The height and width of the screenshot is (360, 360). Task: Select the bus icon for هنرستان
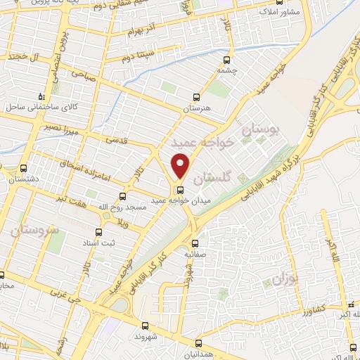click(196, 98)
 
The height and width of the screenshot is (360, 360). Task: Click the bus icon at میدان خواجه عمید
click(180, 189)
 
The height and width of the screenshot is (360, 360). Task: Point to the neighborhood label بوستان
click(260, 129)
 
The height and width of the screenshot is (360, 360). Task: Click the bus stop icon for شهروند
click(145, 326)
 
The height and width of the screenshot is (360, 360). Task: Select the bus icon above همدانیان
click(198, 342)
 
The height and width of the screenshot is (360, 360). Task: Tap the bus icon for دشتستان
click(24, 169)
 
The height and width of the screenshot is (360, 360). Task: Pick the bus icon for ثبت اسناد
click(99, 233)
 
